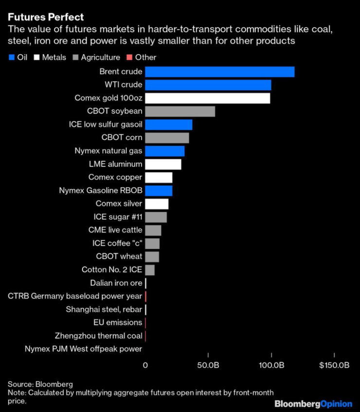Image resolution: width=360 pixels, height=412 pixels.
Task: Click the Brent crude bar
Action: click(x=219, y=72)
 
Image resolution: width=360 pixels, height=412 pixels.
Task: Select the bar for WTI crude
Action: click(x=208, y=85)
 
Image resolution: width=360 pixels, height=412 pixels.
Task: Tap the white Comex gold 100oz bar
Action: click(x=207, y=98)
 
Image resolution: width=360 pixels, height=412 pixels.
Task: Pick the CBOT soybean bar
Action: click(x=180, y=112)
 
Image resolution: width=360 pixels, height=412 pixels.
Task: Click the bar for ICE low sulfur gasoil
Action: click(x=168, y=125)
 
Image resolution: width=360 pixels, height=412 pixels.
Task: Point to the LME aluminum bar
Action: click(x=163, y=164)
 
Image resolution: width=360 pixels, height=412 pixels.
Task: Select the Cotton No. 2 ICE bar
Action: click(x=150, y=269)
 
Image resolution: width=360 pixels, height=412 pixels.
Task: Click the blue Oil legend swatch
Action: click(x=12, y=57)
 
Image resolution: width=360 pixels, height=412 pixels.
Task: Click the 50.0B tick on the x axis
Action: click(x=208, y=365)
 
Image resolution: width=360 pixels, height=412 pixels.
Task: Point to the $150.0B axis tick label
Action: click(x=334, y=365)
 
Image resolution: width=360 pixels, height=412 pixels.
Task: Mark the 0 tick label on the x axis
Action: click(x=145, y=365)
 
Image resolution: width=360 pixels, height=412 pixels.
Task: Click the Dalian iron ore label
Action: click(x=116, y=283)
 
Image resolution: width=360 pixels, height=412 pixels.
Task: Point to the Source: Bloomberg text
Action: click(x=40, y=384)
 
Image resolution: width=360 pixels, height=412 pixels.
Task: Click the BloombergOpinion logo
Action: click(x=313, y=404)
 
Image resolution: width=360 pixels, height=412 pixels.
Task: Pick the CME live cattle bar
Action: click(x=153, y=230)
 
